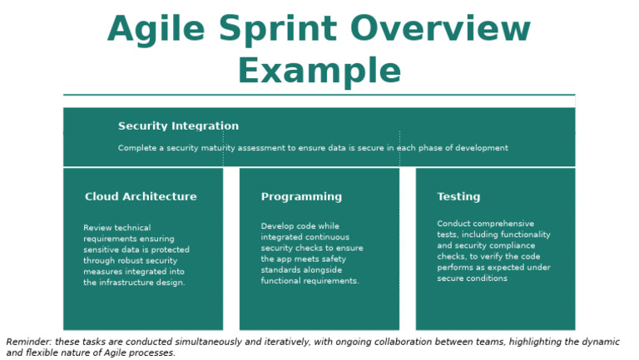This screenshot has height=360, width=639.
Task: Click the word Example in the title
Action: pyautogui.click(x=319, y=70)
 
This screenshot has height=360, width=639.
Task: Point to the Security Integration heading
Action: pyautogui.click(x=178, y=126)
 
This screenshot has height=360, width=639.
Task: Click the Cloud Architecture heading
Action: pyautogui.click(x=141, y=197)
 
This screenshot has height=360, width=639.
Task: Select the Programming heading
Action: pyautogui.click(x=301, y=197)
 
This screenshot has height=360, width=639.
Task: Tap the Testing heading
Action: pyautogui.click(x=458, y=197)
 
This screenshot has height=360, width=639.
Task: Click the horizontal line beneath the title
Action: pyautogui.click(x=319, y=95)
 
